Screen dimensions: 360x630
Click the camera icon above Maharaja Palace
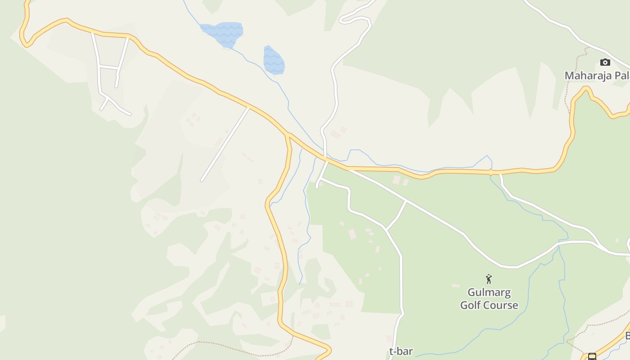point(605,62)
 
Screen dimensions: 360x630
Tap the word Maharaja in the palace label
point(587,76)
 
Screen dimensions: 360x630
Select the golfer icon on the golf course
point(489,279)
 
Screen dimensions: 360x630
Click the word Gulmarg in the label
point(489,293)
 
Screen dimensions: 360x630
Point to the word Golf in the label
point(470,306)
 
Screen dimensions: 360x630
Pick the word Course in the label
point(501,306)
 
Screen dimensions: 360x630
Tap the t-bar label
point(401,351)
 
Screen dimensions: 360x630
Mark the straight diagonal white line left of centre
point(225,144)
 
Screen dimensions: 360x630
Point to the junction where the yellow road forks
point(287,135)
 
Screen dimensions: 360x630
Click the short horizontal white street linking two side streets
point(108,67)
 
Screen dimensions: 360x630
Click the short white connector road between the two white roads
point(396,215)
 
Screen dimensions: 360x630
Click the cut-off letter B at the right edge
point(627,336)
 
